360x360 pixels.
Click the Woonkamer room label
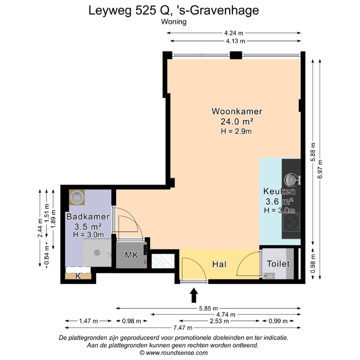point(236,111)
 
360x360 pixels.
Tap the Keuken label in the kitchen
point(279,191)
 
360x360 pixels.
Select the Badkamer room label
point(88,216)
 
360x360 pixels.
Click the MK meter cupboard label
point(131,255)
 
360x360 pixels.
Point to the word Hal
point(219,264)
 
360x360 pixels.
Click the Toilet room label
point(278,263)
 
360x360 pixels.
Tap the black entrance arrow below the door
point(193,295)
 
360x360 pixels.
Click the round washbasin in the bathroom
point(76,197)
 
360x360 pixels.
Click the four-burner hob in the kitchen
point(291,222)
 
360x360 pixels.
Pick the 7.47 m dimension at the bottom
point(183,327)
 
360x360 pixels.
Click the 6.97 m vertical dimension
point(320,169)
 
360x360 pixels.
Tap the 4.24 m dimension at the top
point(234,33)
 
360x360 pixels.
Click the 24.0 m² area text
point(236,121)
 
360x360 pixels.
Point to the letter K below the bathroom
point(78,276)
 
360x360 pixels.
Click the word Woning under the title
point(174,21)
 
